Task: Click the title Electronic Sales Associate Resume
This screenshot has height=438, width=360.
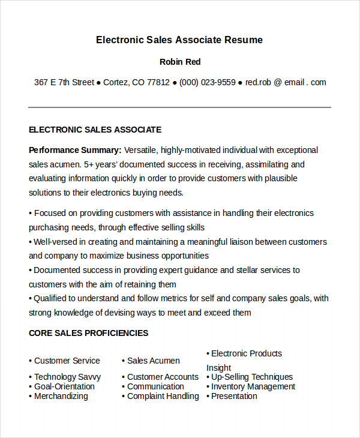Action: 179,40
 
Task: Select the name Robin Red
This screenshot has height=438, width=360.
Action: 180,62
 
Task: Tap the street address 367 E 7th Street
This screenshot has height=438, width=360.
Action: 64,82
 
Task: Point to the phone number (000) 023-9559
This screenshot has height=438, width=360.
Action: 207,82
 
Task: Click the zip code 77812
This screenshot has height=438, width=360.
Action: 158,82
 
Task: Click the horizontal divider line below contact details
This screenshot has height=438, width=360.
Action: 179,107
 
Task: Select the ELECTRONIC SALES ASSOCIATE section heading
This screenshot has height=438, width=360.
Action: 95,130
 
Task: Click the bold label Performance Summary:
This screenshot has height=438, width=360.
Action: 75,150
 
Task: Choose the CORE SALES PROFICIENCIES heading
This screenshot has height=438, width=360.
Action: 88,333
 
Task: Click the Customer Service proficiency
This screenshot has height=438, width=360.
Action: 67,361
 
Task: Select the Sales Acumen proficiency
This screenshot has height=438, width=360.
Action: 153,361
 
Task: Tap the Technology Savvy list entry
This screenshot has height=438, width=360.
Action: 67,377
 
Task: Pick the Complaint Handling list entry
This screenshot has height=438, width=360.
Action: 163,396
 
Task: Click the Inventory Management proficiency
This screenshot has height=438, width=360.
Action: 253,386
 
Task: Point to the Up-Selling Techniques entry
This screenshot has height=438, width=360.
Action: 252,377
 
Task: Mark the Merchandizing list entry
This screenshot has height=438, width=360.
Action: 61,396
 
